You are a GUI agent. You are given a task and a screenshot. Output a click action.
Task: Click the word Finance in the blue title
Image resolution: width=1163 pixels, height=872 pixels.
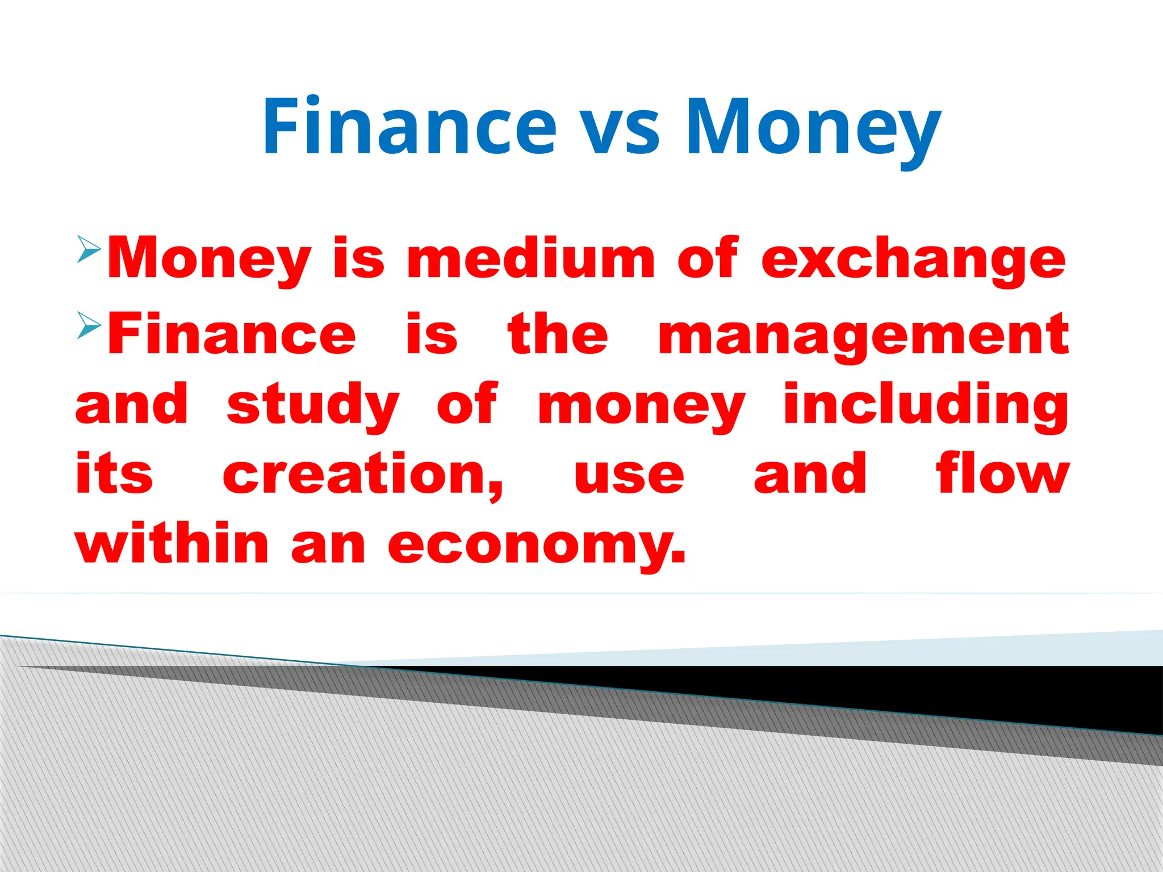pyautogui.click(x=409, y=126)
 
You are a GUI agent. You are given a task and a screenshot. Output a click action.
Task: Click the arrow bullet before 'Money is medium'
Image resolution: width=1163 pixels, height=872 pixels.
pyautogui.click(x=89, y=249)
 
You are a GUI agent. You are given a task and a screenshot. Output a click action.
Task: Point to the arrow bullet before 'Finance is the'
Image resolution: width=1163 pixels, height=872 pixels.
pyautogui.click(x=89, y=325)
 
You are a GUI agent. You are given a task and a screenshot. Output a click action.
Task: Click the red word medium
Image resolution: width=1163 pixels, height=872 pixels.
pyautogui.click(x=531, y=259)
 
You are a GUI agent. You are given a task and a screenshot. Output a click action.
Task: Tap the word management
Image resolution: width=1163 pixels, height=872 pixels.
pyautogui.click(x=863, y=336)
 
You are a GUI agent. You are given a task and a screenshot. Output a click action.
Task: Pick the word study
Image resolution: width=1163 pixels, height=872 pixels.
pyautogui.click(x=313, y=406)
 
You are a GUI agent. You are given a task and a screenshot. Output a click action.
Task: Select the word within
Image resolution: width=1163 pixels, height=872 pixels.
pyautogui.click(x=172, y=543)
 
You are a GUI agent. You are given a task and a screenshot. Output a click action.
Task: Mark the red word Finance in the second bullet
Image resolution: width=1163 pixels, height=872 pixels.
pyautogui.click(x=232, y=335)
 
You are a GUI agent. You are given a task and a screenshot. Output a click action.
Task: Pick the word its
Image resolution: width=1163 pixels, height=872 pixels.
pyautogui.click(x=114, y=475)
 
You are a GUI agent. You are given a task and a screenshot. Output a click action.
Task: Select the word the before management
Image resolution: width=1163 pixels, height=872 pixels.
pyautogui.click(x=558, y=335)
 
